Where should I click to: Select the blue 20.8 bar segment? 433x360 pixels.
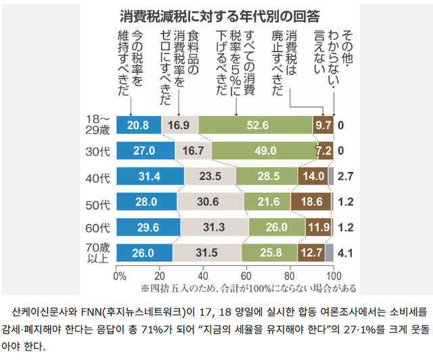point(138,125)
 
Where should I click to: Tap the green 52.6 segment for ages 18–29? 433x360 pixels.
point(256,125)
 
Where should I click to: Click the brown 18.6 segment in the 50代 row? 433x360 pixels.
point(311,201)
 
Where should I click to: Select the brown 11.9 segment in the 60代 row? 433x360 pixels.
point(317,227)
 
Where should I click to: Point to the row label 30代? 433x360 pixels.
point(99,150)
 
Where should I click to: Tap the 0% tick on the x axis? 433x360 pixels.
point(119,275)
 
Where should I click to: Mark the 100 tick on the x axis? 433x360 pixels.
point(333,275)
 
